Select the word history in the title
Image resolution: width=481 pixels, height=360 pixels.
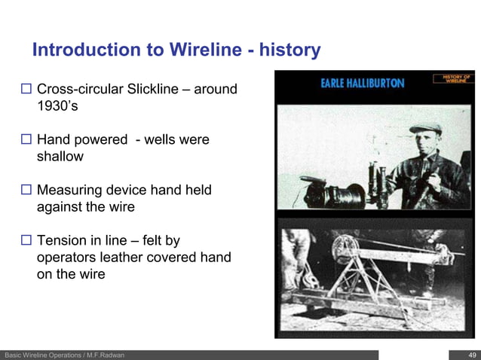[290, 50]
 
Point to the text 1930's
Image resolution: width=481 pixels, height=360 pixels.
[57, 107]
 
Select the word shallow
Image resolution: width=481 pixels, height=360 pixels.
[60, 157]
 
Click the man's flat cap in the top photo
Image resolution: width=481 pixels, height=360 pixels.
[425, 129]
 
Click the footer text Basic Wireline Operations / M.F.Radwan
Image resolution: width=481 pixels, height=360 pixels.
[64, 355]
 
